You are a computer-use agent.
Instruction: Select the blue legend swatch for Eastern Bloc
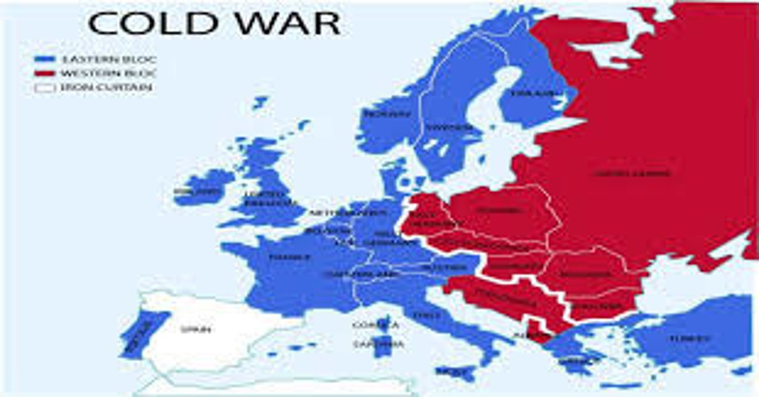point(45,59)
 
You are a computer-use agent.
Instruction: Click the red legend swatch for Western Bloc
point(45,73)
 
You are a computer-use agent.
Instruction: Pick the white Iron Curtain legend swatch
point(45,88)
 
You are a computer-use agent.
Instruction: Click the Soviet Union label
point(632,173)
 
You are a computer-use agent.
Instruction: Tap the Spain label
point(196,329)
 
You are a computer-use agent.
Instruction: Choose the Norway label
point(386,114)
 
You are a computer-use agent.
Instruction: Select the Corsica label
point(375,325)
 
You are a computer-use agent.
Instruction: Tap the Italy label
point(427,315)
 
